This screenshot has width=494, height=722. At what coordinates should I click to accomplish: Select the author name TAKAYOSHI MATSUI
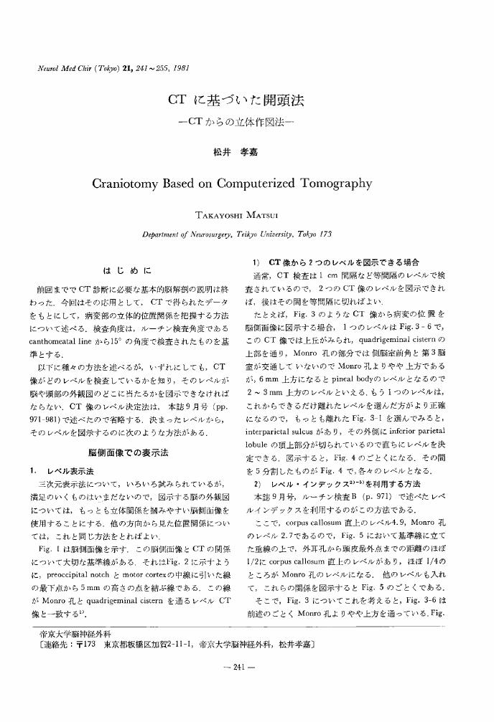(246, 215)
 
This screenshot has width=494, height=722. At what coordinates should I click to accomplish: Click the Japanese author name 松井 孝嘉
(246, 150)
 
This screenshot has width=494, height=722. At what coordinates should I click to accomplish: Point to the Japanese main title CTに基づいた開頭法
(246, 100)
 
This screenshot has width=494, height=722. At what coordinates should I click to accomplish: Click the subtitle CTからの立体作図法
(246, 125)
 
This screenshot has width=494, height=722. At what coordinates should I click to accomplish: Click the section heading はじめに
(127, 271)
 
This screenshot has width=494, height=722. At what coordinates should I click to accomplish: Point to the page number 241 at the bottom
(246, 667)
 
